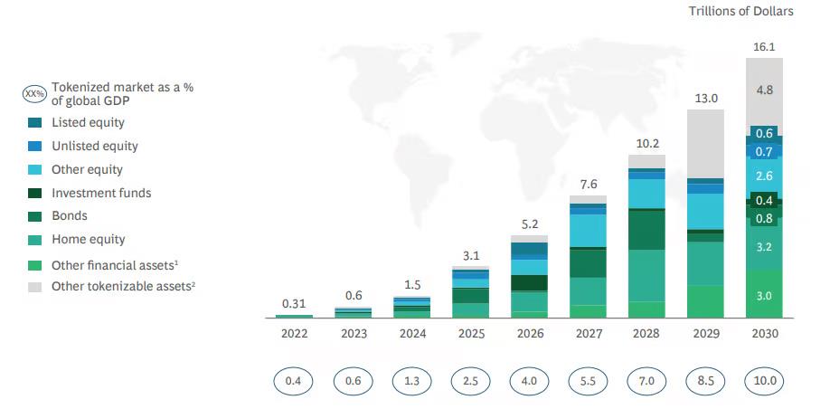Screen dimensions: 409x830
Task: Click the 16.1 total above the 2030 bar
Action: [764, 45]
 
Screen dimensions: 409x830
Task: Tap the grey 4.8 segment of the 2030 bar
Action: [764, 90]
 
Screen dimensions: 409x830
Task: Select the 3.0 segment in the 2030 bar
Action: [764, 296]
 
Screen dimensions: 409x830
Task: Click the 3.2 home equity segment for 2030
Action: [764, 246]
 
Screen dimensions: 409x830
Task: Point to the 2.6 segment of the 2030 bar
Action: [764, 176]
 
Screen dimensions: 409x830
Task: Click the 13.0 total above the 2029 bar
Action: [705, 98]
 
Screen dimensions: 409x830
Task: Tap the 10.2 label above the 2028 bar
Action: [646, 143]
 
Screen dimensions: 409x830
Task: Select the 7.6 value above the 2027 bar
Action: [588, 184]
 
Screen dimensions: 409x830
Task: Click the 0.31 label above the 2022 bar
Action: [294, 304]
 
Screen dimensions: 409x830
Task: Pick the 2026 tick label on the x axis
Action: [529, 334]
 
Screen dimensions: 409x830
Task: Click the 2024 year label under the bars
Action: [411, 334]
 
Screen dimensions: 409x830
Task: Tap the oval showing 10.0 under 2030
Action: [764, 381]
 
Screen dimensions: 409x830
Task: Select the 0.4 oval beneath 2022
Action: [294, 381]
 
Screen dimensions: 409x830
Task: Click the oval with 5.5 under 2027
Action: [588, 381]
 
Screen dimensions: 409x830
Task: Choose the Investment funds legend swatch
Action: [35, 193]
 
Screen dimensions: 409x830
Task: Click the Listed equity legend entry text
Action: [88, 122]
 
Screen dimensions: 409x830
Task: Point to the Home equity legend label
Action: [88, 240]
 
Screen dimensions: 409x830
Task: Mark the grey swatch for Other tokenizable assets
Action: [35, 287]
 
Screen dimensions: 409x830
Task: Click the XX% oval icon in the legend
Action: [35, 94]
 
